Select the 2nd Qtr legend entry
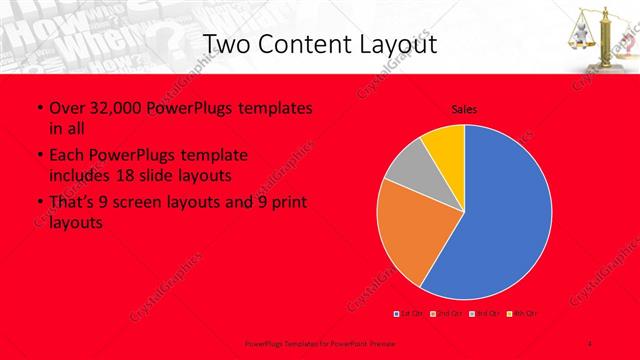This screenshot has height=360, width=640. pyautogui.click(x=445, y=314)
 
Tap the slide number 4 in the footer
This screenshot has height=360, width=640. pyautogui.click(x=590, y=343)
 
